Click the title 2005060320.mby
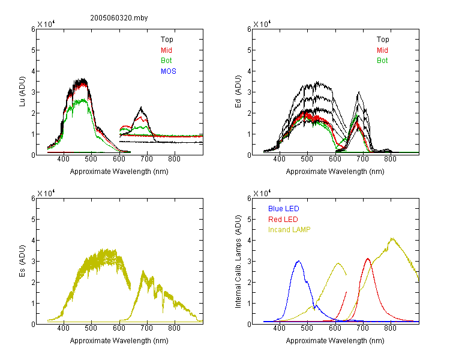119,18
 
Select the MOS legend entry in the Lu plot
169,71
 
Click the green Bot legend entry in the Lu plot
166,61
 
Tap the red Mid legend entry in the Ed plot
382,50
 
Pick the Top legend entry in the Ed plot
383,40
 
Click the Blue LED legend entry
284,209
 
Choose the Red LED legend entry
283,220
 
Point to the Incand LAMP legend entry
289,230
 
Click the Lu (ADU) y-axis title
22,92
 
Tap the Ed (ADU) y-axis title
238,92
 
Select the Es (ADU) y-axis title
22,261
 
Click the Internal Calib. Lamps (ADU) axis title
238,262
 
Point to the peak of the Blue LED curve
299,261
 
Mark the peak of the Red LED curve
368,259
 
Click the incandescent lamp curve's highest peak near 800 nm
392,238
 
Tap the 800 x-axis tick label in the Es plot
174,328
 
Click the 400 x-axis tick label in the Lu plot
63,159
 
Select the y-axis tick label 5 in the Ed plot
249,50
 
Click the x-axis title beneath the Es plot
119,341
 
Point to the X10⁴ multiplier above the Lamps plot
262,193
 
